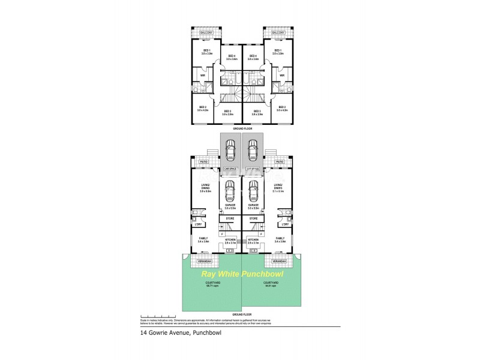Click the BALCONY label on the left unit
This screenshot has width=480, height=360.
pyautogui.click(x=205, y=33)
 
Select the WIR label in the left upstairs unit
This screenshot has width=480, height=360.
pyautogui.click(x=203, y=75)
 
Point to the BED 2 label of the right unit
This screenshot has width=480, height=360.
pyautogui.click(x=282, y=109)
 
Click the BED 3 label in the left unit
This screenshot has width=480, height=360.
pyautogui.click(x=227, y=112)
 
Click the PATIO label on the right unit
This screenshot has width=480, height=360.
pyautogui.click(x=280, y=161)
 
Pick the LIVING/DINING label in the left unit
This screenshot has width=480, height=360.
pyautogui.click(x=205, y=187)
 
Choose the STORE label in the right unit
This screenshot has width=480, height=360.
pyautogui.click(x=253, y=218)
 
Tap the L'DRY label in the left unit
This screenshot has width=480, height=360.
pyautogui.click(x=197, y=224)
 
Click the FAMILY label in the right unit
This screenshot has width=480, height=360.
pyautogui.click(x=280, y=239)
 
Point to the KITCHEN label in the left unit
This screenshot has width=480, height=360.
pyautogui.click(x=230, y=240)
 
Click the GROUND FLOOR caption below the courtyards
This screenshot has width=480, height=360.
pyautogui.click(x=241, y=314)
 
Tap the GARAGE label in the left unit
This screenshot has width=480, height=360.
pyautogui.click(x=230, y=206)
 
